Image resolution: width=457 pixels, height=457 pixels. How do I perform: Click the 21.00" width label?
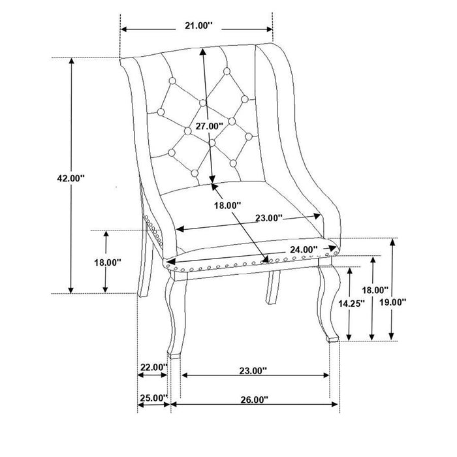pos(195,26)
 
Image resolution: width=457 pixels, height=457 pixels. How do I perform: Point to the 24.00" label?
pos(302,249)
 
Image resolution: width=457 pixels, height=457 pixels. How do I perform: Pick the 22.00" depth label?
pos(153,368)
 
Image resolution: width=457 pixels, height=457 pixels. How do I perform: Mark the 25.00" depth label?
pos(153,397)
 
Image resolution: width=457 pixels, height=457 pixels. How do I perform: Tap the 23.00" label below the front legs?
pos(253,370)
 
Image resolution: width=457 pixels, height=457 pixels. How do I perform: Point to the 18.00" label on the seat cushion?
pos(229,205)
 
